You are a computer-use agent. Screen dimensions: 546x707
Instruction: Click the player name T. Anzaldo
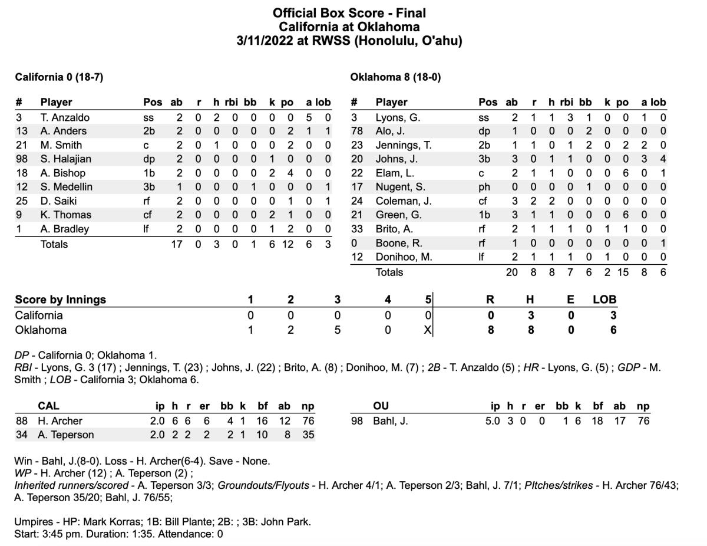(x=65, y=117)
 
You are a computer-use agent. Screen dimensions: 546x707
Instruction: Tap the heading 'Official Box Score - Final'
(x=349, y=13)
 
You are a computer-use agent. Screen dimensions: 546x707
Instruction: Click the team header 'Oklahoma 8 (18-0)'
(x=395, y=77)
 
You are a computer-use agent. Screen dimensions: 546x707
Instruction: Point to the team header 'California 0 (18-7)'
(x=60, y=77)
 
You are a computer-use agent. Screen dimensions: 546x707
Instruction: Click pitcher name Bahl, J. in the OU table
(x=392, y=421)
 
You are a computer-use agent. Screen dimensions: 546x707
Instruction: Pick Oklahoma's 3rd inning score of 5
(x=337, y=330)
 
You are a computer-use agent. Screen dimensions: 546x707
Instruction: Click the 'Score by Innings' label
(x=61, y=300)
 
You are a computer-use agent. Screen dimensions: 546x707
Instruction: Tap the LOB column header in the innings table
(x=604, y=300)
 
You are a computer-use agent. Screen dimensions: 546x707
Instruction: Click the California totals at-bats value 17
(x=176, y=244)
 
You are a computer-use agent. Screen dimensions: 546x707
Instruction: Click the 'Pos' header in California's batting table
(x=153, y=102)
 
